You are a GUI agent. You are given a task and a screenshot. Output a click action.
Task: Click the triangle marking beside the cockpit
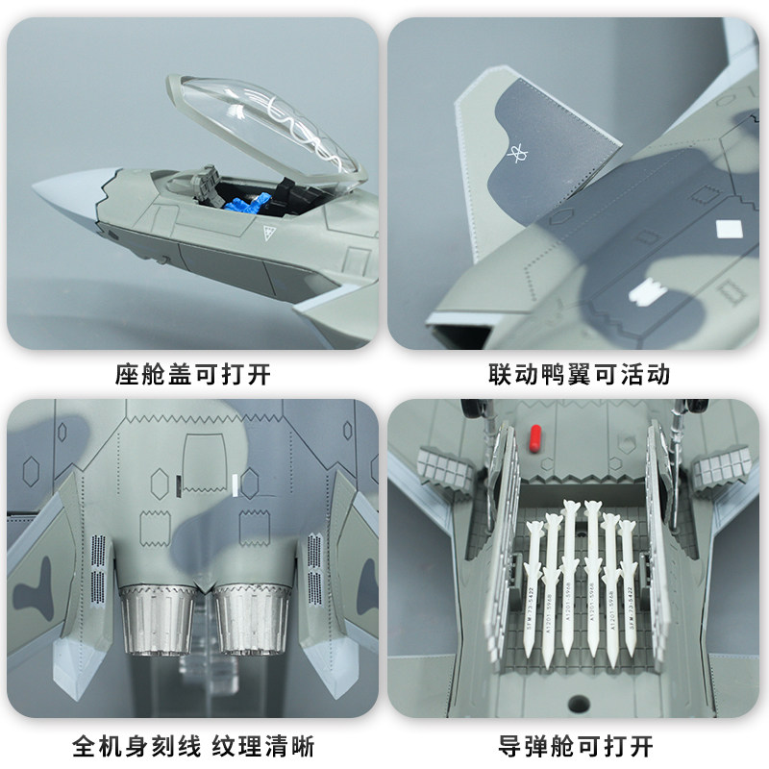pos(268,231)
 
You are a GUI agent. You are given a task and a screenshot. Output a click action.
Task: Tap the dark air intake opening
pos(457,335)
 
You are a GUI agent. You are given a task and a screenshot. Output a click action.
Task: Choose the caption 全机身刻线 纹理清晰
pos(193,745)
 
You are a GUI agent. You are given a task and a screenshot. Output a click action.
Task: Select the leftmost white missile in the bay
pos(530,586)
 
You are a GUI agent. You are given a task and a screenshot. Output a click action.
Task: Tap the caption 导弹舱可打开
pos(577,745)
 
